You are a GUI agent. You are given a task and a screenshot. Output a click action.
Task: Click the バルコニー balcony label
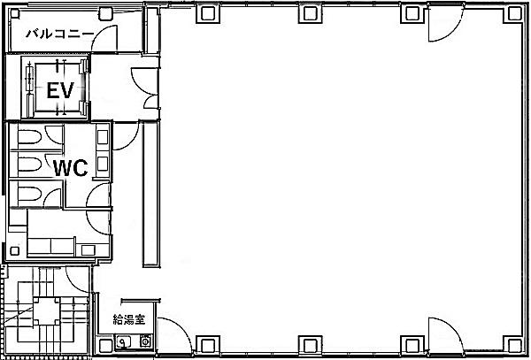[59, 34]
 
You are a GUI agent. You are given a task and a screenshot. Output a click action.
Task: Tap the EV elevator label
[60, 90]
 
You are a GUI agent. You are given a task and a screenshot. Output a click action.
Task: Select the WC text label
[71, 168]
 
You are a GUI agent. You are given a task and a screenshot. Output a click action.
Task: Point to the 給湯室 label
[128, 319]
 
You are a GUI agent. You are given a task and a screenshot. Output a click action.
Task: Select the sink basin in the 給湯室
[124, 341]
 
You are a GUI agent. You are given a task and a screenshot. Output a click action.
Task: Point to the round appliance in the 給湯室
[146, 341]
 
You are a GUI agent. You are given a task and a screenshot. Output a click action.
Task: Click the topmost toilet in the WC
[30, 137]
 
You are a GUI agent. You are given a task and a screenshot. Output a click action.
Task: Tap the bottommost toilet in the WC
[30, 194]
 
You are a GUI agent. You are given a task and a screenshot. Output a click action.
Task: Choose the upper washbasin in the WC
[103, 137]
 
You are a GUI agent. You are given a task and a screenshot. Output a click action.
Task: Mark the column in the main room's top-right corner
[515, 13]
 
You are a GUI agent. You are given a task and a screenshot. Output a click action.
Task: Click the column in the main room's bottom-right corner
[515, 345]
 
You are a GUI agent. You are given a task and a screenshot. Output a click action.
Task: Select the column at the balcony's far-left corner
[15, 13]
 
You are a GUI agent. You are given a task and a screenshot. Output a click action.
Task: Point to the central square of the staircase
[46, 311]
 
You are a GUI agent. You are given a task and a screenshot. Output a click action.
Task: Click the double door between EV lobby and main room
[146, 88]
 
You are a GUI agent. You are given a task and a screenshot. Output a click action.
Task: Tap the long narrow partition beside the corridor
[151, 194]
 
